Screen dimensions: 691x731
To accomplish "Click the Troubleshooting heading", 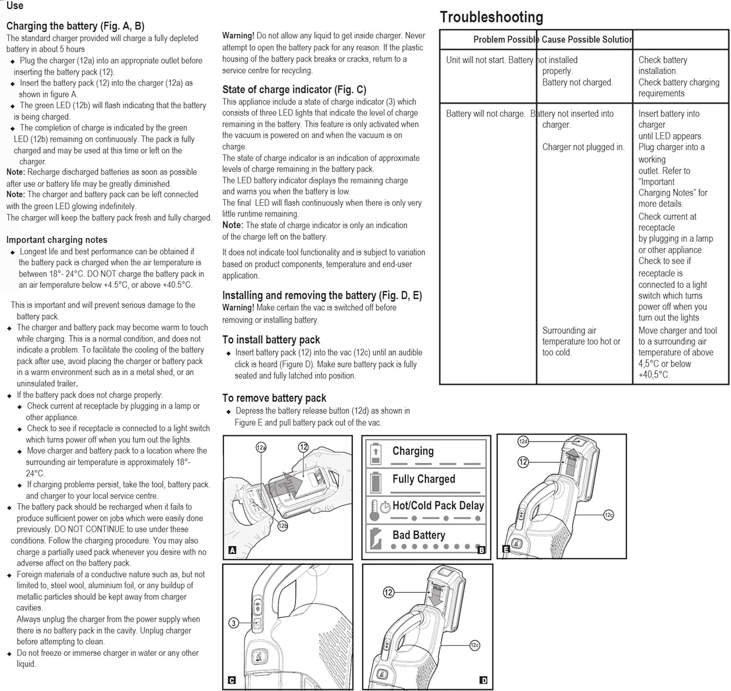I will (491, 18).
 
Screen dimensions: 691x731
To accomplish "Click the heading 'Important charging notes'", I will (57, 240).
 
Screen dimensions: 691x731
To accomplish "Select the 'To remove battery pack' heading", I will (274, 398).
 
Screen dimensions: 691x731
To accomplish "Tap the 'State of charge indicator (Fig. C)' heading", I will (294, 90).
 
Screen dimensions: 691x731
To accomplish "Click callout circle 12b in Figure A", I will (283, 526).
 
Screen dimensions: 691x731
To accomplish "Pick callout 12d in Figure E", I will (523, 442).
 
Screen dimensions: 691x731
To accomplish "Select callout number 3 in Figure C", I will (234, 623).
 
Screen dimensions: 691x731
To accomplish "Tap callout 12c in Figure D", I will (474, 645).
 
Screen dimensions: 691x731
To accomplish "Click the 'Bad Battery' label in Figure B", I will (419, 535).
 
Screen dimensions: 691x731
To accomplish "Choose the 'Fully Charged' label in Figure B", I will (423, 479).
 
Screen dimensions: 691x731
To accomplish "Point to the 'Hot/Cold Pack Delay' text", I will (438, 506).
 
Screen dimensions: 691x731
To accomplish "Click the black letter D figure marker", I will (483, 680).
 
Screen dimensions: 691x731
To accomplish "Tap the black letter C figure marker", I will (232, 680).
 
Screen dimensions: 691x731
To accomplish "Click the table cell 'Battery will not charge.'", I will (485, 114).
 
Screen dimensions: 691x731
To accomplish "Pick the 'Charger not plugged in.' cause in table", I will (583, 147).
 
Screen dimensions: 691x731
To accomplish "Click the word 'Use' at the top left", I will (15, 6).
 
